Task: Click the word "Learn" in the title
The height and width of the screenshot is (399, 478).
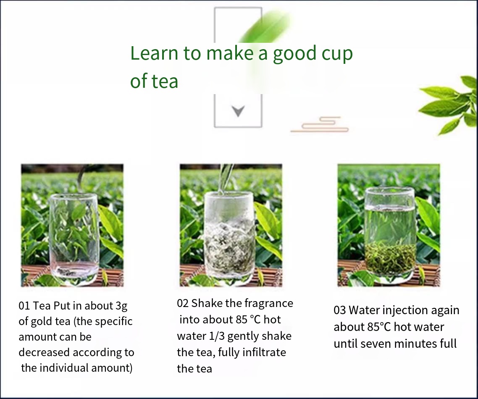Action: click(154, 53)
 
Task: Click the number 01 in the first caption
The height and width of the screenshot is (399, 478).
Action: click(24, 306)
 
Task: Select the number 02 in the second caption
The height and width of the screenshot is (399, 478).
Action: click(183, 303)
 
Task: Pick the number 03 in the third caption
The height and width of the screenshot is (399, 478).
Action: click(340, 310)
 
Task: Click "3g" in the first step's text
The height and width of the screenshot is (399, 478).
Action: click(121, 306)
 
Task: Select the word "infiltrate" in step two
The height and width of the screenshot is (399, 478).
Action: click(264, 352)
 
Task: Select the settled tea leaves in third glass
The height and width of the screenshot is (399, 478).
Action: click(391, 258)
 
